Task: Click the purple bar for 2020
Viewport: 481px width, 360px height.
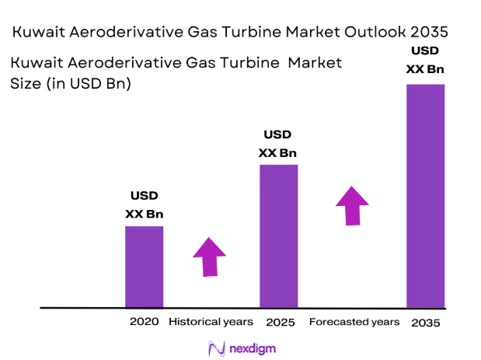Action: click(x=144, y=266)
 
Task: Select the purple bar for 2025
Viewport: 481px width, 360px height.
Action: click(x=278, y=236)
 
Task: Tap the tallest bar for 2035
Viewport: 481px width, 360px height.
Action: click(x=425, y=194)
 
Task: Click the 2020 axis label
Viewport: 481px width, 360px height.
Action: click(x=145, y=321)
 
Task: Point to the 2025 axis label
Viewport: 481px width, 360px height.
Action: click(x=278, y=321)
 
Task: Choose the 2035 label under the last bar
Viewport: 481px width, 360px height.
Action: click(x=425, y=322)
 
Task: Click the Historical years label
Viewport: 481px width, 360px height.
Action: click(x=211, y=321)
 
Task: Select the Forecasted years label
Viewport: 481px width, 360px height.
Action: click(x=354, y=321)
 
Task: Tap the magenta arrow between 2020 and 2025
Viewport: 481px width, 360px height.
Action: click(x=209, y=256)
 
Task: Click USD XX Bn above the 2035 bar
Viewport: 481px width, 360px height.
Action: click(x=425, y=60)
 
